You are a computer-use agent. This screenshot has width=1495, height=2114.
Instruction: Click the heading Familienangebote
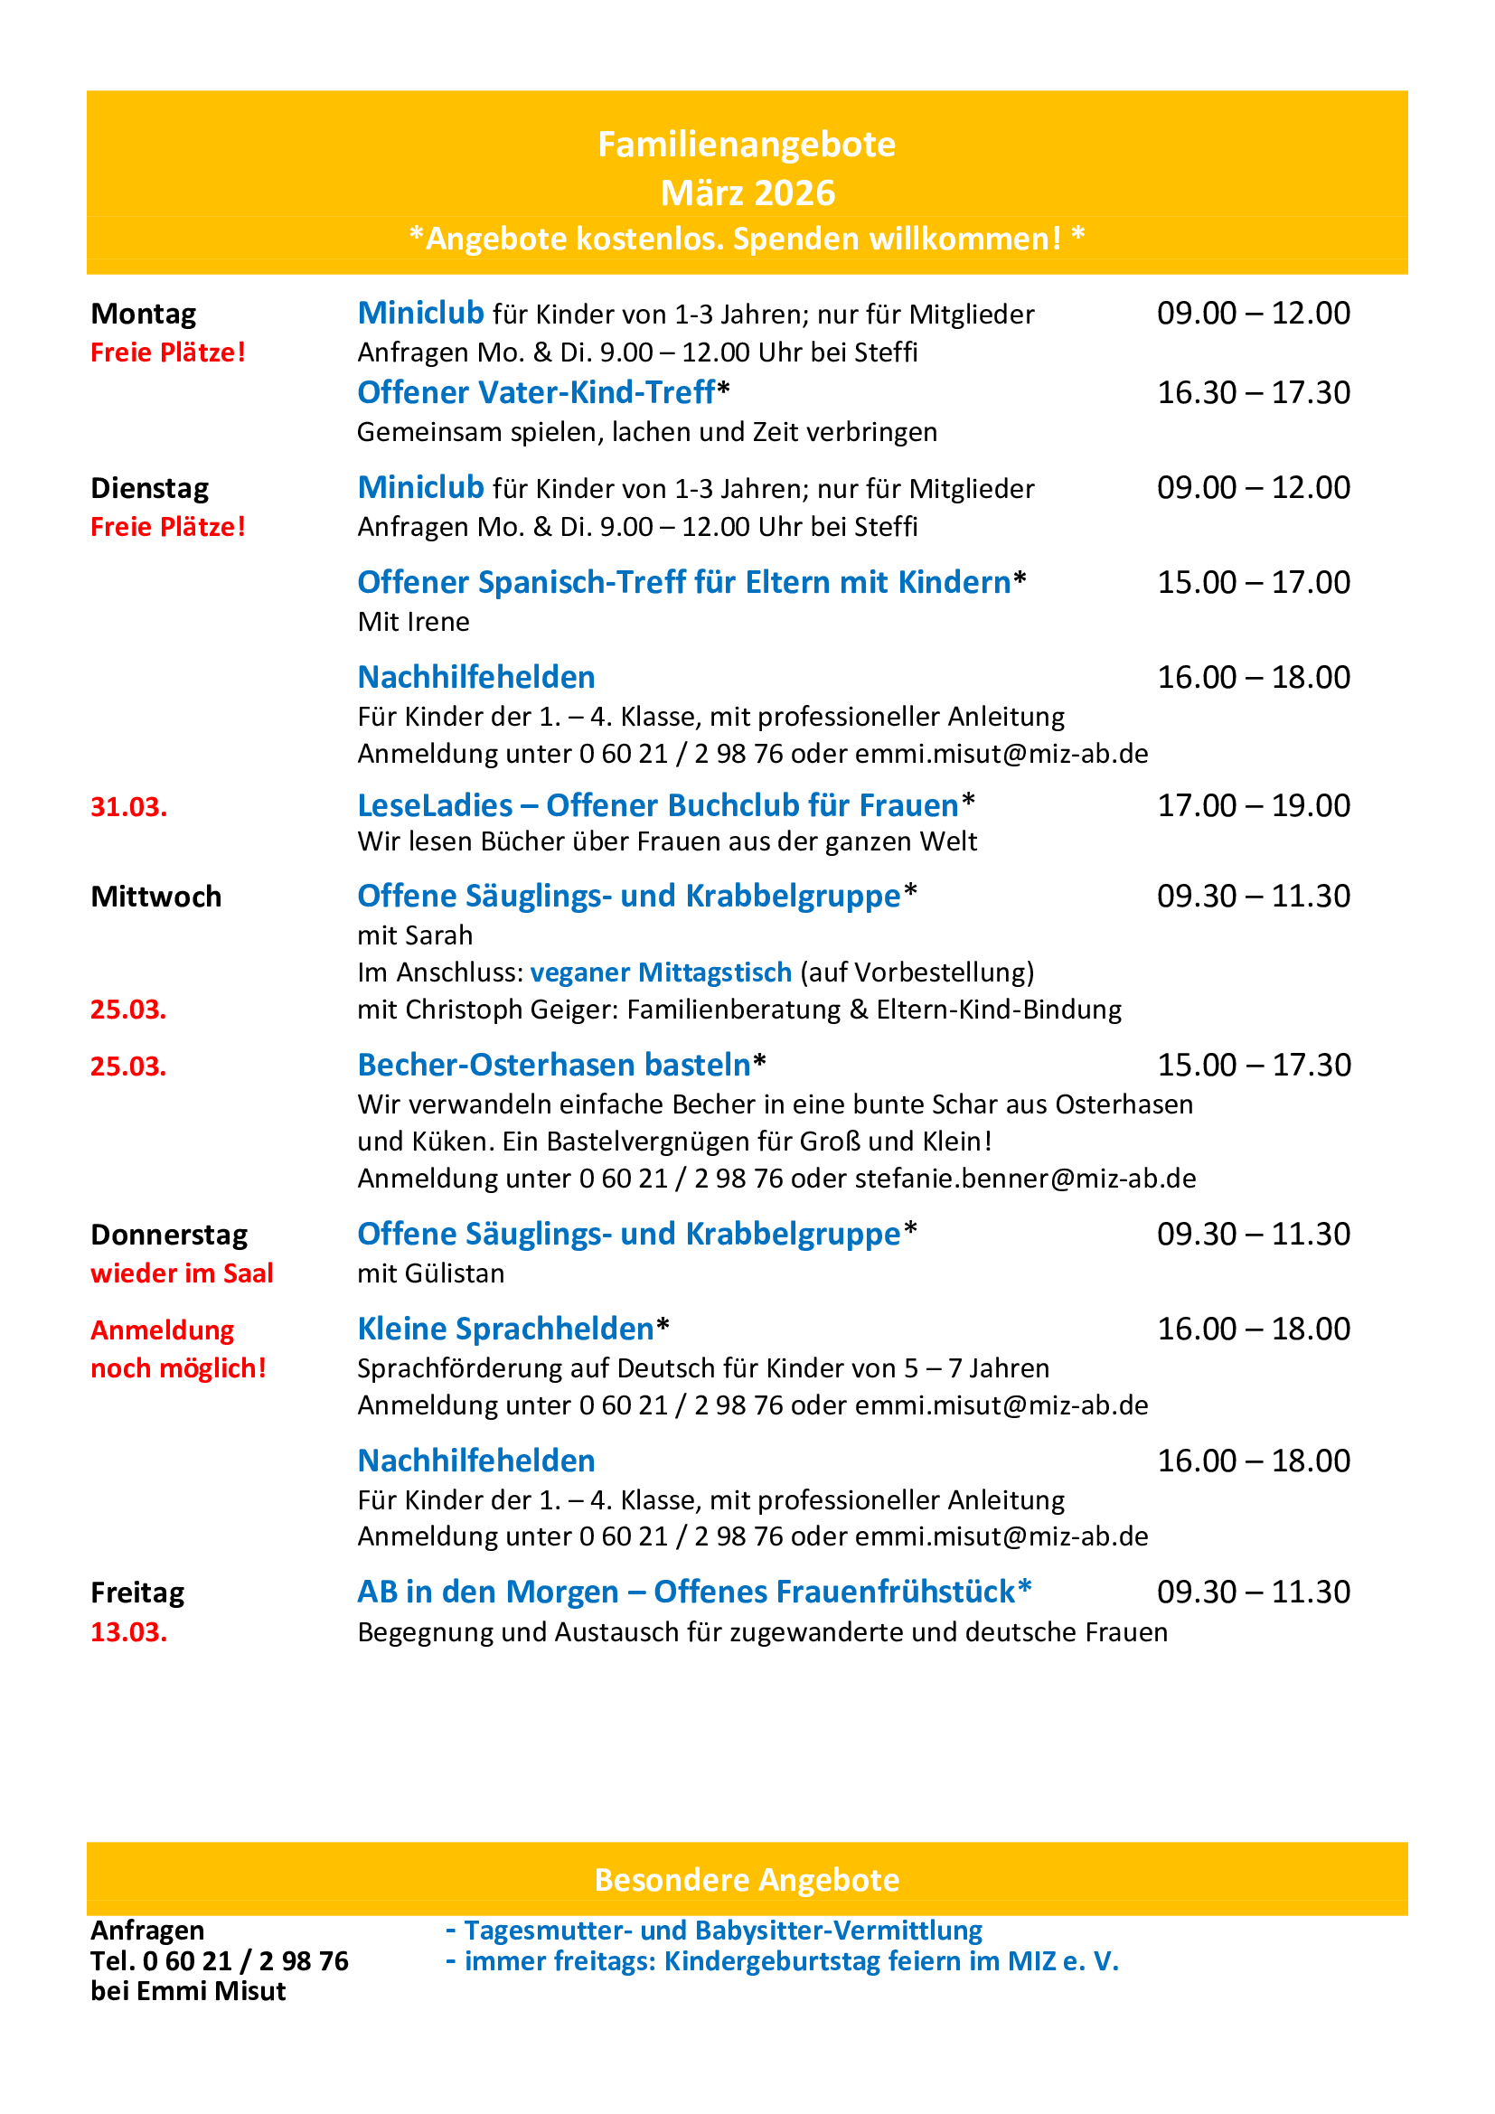tap(747, 145)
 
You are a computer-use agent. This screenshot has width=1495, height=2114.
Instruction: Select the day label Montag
tap(144, 314)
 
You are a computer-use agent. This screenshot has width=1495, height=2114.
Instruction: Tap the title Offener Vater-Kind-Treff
tap(536, 393)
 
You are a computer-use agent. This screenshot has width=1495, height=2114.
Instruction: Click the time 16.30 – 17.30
tap(1253, 393)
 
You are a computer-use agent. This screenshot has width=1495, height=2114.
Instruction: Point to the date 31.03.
tap(129, 807)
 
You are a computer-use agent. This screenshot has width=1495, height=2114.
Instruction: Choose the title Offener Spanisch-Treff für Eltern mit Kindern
tap(684, 583)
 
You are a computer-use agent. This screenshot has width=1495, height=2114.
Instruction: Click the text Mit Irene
tap(413, 623)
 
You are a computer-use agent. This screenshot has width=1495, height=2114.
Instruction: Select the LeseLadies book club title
tap(657, 805)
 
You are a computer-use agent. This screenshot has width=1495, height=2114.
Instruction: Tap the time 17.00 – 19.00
tap(1253, 805)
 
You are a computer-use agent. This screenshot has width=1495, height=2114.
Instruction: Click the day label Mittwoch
tap(156, 897)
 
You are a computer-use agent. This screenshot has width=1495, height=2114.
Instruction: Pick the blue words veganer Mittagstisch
tap(661, 972)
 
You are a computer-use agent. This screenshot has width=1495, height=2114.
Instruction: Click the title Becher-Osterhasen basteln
tap(554, 1066)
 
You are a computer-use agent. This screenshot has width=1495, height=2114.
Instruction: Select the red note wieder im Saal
tap(182, 1273)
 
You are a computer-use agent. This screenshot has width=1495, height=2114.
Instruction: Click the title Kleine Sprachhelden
tap(505, 1329)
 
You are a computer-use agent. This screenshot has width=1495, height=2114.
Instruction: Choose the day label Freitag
tap(138, 1593)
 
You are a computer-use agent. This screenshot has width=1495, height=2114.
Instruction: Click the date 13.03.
tap(129, 1632)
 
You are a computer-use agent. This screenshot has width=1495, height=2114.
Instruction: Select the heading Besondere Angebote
tap(747, 1880)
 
